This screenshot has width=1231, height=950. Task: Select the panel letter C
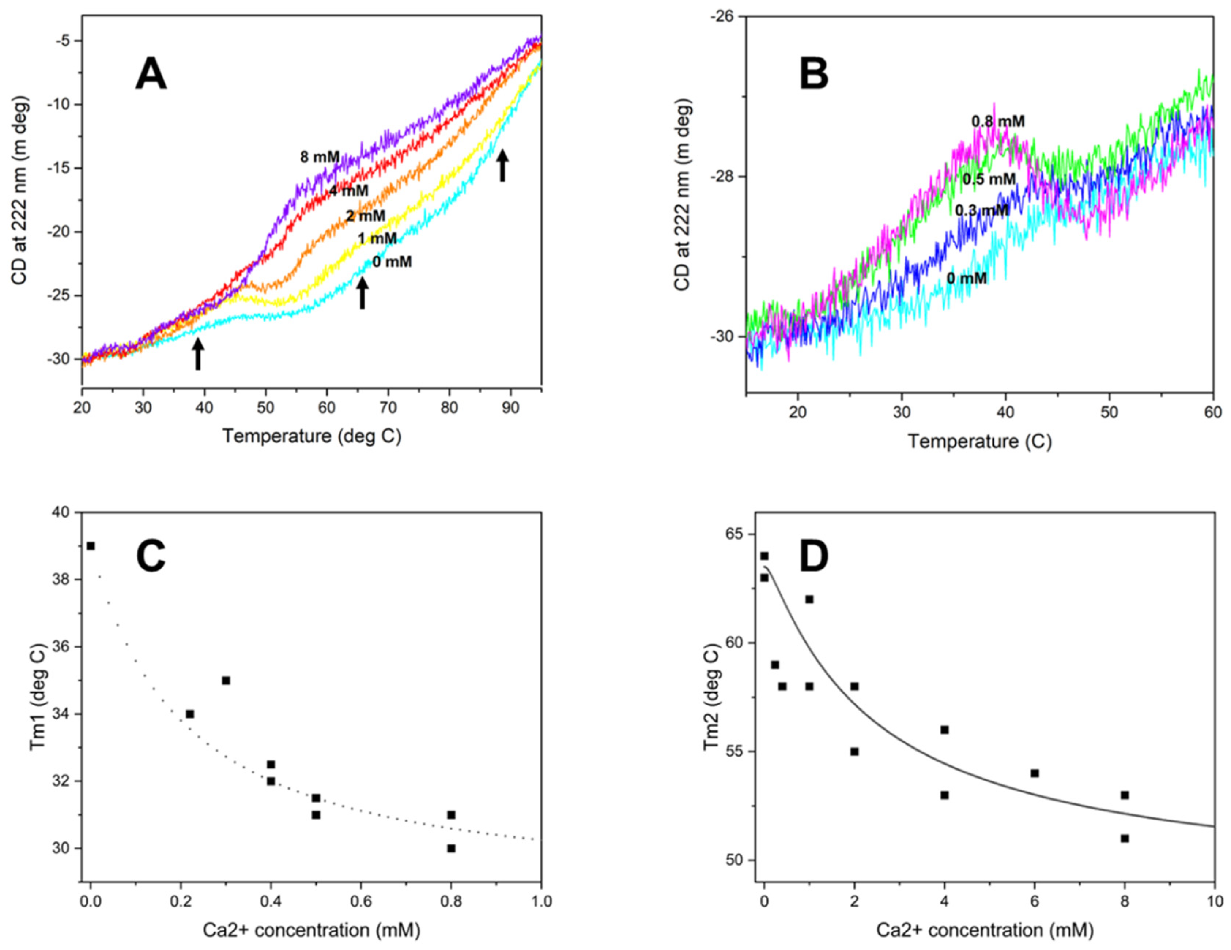pos(151,556)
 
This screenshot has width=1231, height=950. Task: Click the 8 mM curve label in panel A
pos(320,157)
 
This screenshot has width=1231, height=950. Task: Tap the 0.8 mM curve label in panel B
pos(998,121)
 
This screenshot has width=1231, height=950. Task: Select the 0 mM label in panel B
pos(967,279)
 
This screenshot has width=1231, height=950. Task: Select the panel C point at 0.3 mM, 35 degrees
pos(226,680)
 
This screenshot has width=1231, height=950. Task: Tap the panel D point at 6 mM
pos(1034,773)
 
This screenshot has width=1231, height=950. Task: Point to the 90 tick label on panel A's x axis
pos(511,408)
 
